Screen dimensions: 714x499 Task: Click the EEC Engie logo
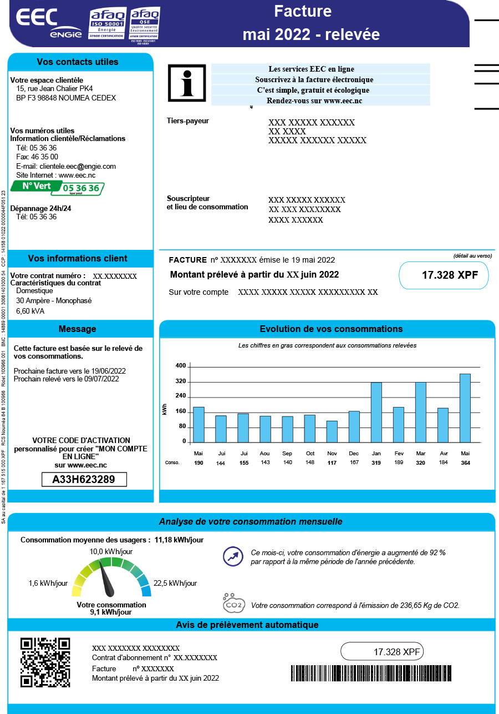(49, 23)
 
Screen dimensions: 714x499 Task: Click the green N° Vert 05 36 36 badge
(57, 188)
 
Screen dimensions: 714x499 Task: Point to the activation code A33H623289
(84, 480)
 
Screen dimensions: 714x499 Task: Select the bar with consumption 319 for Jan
(376, 413)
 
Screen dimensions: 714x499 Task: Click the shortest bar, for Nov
(332, 431)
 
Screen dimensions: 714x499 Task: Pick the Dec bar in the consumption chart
(354, 427)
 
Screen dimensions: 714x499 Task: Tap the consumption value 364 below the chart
(465, 462)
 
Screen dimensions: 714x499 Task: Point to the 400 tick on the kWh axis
(181, 366)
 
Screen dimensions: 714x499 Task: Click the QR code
(45, 662)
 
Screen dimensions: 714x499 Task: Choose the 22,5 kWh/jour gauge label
(175, 583)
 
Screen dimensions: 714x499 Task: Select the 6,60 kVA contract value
(30, 311)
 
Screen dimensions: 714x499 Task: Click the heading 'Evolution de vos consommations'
(331, 329)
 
